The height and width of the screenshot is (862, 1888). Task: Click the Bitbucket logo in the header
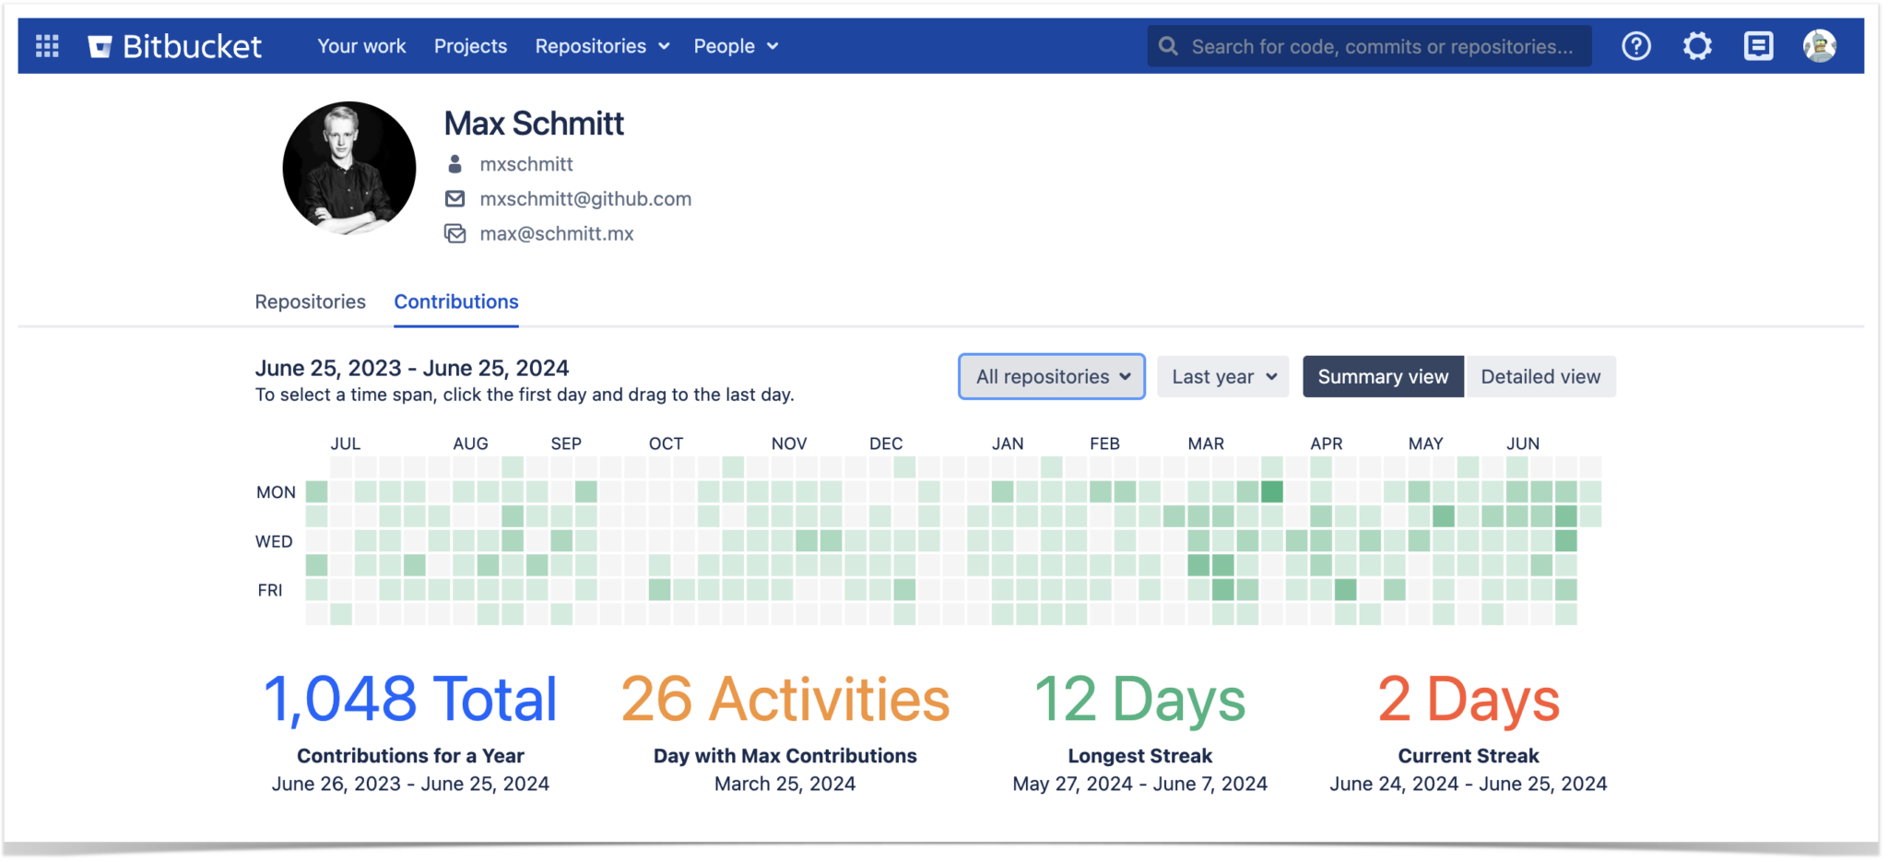175,46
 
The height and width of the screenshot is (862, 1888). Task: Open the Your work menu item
361,46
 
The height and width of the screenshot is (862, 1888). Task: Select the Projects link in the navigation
470,46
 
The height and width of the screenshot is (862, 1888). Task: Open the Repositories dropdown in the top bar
602,46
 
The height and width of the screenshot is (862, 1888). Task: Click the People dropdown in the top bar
736,46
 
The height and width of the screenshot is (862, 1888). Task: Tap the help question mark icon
1636,46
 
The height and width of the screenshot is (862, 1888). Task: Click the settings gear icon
1697,46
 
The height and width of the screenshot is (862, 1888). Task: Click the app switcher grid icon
47,46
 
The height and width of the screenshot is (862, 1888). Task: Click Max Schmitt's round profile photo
349,168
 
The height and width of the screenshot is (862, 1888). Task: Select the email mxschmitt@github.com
585,199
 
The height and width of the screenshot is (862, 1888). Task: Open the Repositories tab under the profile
310,301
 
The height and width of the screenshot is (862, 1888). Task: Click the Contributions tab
456,301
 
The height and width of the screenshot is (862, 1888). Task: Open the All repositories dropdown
1052,376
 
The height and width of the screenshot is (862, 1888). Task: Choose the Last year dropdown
1222,376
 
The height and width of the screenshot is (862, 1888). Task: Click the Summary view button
1383,376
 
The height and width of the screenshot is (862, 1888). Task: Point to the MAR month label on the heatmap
1206,443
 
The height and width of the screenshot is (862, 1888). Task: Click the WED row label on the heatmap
274,541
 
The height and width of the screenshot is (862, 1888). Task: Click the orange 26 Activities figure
785,699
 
